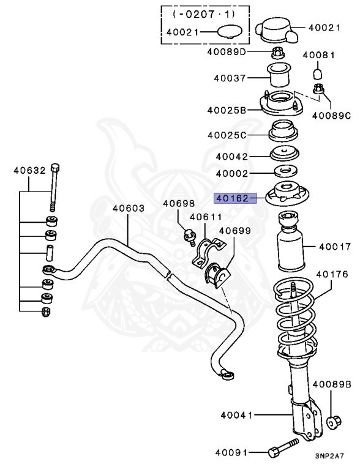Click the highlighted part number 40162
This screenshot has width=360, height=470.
pyautogui.click(x=233, y=198)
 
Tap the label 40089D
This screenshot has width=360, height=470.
pyautogui.click(x=227, y=52)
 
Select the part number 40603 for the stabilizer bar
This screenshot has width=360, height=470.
pyautogui.click(x=129, y=208)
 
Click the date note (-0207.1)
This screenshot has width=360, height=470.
pyautogui.click(x=204, y=14)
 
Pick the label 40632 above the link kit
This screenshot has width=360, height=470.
pyautogui.click(x=30, y=171)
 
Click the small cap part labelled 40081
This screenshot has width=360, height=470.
pyautogui.click(x=317, y=73)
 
